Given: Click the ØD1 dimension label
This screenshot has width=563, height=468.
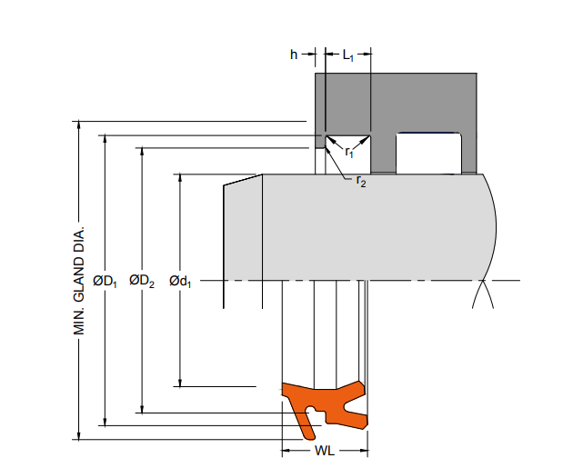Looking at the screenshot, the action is pyautogui.click(x=105, y=281).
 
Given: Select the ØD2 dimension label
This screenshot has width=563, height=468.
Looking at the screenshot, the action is pyautogui.click(x=142, y=281).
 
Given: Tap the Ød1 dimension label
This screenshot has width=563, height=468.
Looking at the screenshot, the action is pyautogui.click(x=180, y=281).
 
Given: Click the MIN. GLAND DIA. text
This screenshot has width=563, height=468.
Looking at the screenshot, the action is pyautogui.click(x=79, y=281).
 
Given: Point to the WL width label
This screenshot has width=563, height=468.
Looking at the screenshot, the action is pyautogui.click(x=325, y=451).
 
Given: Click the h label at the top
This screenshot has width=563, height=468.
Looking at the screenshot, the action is pyautogui.click(x=294, y=55).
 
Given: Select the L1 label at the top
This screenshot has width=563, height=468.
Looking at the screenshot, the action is pyautogui.click(x=348, y=55).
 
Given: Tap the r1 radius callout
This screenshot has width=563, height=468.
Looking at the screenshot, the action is pyautogui.click(x=349, y=153).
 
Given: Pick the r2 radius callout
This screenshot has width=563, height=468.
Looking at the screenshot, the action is pyautogui.click(x=361, y=182).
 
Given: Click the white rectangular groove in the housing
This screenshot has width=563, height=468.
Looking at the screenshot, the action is pyautogui.click(x=428, y=154).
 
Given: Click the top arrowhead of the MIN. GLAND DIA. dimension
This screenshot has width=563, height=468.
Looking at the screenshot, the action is pyautogui.click(x=79, y=124).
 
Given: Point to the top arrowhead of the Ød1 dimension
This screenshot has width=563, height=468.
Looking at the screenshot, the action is pyautogui.click(x=180, y=178).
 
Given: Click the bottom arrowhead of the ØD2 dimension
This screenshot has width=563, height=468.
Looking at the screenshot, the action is pyautogui.click(x=142, y=409).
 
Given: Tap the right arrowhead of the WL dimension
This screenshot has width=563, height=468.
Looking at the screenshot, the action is pyautogui.click(x=364, y=451).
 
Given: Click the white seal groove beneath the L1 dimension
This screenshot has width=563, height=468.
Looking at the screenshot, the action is pyautogui.click(x=348, y=154).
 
